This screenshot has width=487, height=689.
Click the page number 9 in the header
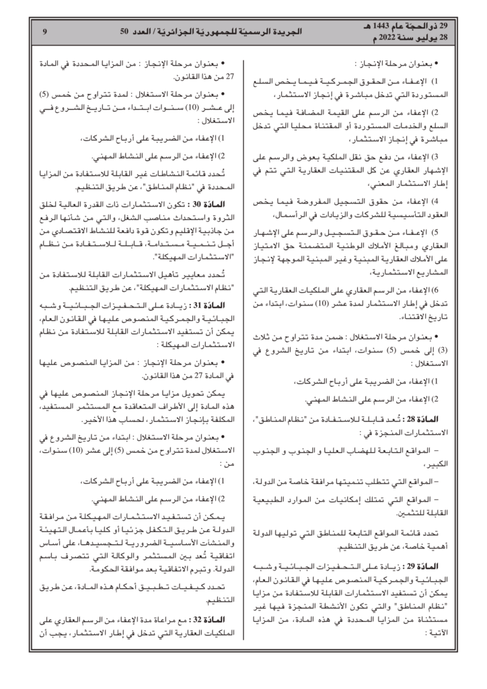coord(44,32)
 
